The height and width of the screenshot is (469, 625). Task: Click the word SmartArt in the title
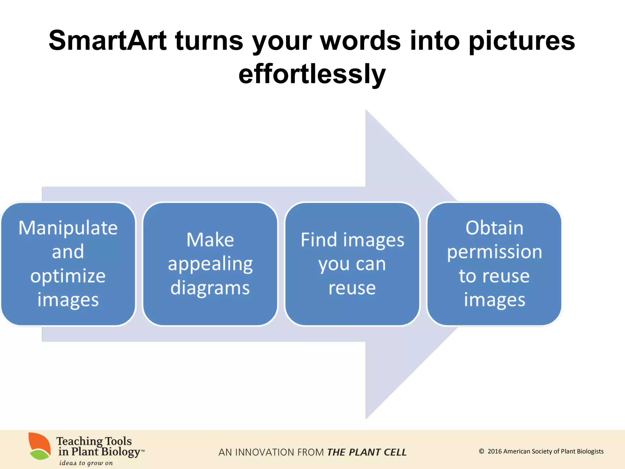pyautogui.click(x=107, y=41)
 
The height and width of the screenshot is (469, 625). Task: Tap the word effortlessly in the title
pyautogui.click(x=312, y=74)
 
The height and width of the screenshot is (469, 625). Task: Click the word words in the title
pyautogui.click(x=360, y=41)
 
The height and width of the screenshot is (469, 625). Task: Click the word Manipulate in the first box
pyautogui.click(x=68, y=228)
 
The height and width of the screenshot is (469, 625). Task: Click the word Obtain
pyautogui.click(x=494, y=228)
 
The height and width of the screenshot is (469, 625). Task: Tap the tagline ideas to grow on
pyautogui.click(x=86, y=463)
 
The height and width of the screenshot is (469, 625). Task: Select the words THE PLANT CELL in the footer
pyautogui.click(x=367, y=452)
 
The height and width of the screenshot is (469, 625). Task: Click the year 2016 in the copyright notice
pyautogui.click(x=494, y=451)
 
